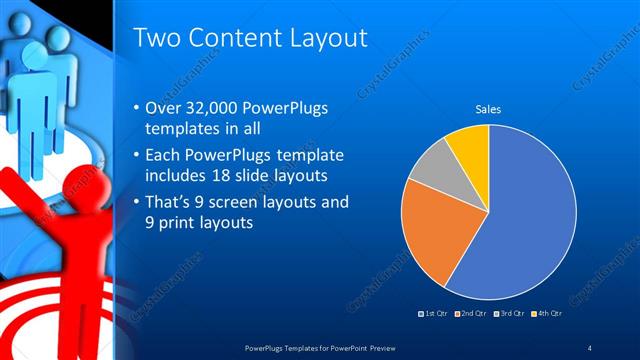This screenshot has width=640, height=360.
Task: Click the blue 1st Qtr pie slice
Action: tap(530, 220)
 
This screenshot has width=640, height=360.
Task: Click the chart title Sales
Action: tap(488, 109)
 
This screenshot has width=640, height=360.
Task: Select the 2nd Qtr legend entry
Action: tap(472, 314)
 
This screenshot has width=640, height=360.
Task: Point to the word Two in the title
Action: tap(157, 38)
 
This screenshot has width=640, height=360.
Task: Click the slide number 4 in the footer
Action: tap(589, 347)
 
